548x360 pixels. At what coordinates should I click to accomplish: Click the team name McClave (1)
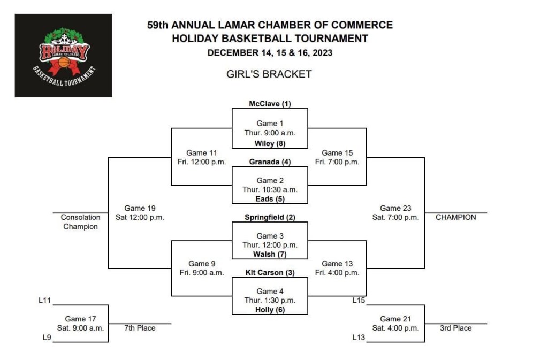click(x=270, y=104)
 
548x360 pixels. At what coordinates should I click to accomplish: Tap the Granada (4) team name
click(x=270, y=162)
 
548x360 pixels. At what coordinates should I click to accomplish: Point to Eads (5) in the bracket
click(x=270, y=199)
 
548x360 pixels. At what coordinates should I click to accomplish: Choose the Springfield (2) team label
click(x=270, y=217)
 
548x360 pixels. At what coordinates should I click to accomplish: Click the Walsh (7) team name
click(x=270, y=254)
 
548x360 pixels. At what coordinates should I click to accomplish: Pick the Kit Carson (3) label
click(x=270, y=273)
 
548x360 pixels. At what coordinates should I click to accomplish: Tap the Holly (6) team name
click(x=270, y=310)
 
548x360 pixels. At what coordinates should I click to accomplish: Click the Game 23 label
click(x=395, y=208)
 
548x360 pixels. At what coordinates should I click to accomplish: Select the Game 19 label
click(x=140, y=208)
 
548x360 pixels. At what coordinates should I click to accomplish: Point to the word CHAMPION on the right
click(x=455, y=217)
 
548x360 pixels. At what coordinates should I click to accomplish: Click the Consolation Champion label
click(x=80, y=222)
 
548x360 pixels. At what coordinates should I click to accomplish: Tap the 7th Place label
click(x=139, y=328)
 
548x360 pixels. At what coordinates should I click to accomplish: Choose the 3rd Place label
click(x=455, y=328)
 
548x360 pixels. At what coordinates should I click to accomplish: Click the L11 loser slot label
click(x=44, y=301)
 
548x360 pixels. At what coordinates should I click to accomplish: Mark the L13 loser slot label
click(x=359, y=338)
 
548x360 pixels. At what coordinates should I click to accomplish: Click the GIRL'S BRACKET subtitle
click(x=269, y=74)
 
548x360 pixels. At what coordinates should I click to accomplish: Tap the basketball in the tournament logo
click(x=64, y=63)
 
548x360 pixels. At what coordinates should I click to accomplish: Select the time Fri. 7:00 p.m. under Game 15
click(x=337, y=162)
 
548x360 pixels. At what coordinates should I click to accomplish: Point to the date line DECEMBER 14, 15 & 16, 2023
click(x=270, y=52)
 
